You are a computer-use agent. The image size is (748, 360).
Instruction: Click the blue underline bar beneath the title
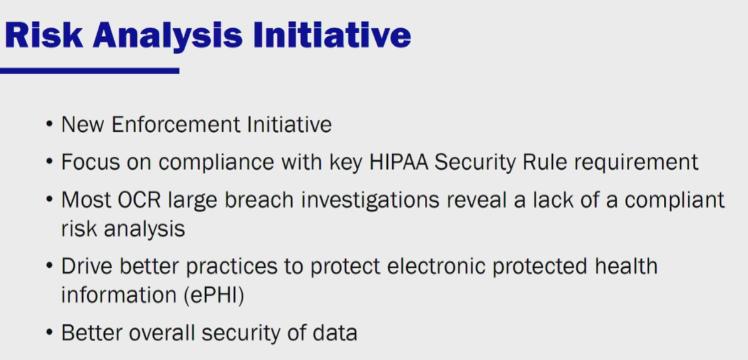point(90,71)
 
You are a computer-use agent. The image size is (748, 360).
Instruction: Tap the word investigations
point(370,200)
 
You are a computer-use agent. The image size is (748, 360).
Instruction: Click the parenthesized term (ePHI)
point(213,295)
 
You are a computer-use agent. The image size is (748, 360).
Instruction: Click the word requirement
point(636,162)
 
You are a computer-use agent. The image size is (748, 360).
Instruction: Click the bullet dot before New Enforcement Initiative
point(49,124)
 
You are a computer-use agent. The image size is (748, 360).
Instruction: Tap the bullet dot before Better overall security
point(49,332)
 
